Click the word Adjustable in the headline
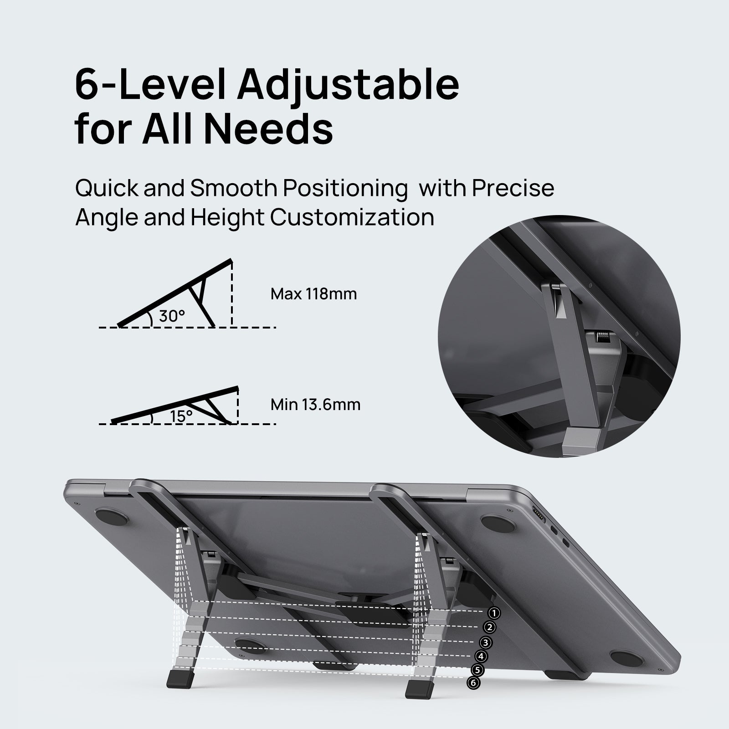coord(347,85)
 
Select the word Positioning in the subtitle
coord(344,189)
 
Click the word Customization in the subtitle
coord(352,217)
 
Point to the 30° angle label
coord(172,315)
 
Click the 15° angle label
coord(181,416)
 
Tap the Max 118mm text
coord(313,294)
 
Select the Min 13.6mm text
coord(315,404)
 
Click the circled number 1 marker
coord(494,613)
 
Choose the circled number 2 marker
coord(490,627)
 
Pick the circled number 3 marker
coord(486,642)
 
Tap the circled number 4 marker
coord(481,656)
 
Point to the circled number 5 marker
coord(477,670)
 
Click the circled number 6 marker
coord(473,683)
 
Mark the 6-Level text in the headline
coord(150,85)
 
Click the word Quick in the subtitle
coord(107,189)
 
